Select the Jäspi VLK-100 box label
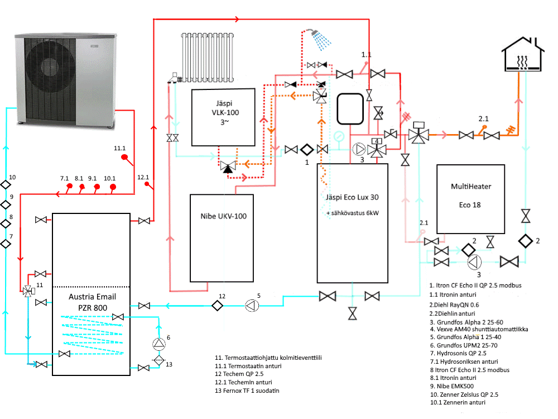(x=225, y=113)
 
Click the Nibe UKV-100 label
(x=224, y=216)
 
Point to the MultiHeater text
(x=471, y=187)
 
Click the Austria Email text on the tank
(x=92, y=297)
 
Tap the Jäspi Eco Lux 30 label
(x=352, y=197)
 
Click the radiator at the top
(x=208, y=58)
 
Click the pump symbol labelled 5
(x=252, y=306)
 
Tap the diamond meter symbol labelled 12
(x=217, y=306)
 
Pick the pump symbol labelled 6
(x=159, y=344)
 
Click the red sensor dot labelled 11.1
(x=124, y=157)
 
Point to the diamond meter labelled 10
(x=6, y=184)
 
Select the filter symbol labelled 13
(x=159, y=360)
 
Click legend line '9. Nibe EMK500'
(x=451, y=386)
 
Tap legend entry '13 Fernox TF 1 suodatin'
(x=247, y=391)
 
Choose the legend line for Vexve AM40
(x=479, y=329)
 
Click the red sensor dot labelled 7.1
(x=70, y=186)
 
